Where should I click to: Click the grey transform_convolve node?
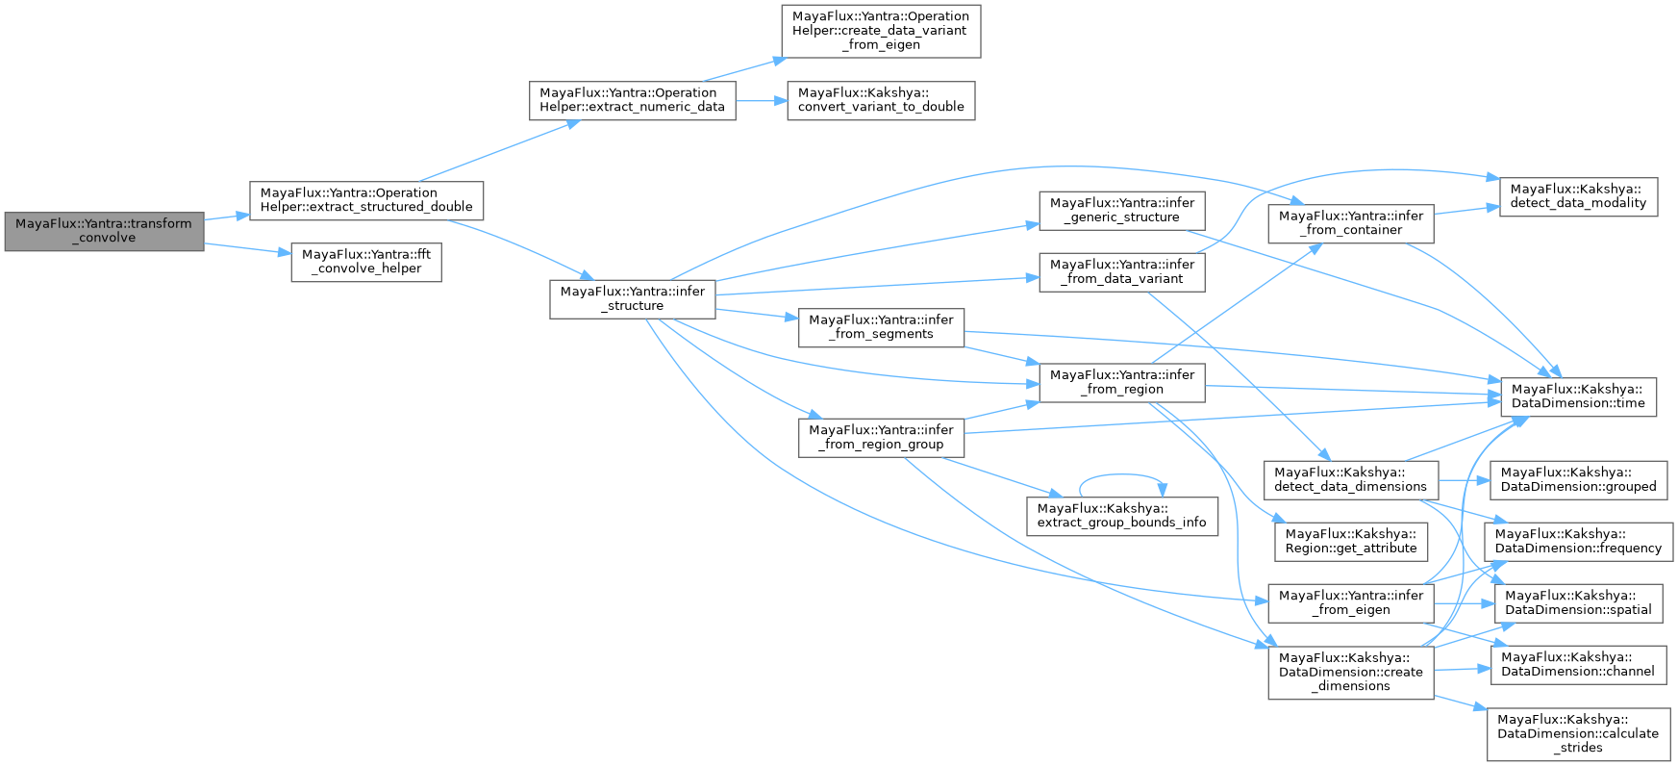point(104,231)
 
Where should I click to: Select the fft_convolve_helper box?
point(366,262)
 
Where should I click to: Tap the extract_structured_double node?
point(365,200)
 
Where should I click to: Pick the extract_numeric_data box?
point(632,100)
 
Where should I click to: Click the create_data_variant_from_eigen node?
point(881,31)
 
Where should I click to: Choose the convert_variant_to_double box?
point(881,100)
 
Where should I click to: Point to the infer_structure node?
point(633,298)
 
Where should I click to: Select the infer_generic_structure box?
point(1121,210)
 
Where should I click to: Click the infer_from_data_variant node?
point(1121,271)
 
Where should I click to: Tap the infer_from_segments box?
point(881,327)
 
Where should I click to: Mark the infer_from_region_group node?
point(881,437)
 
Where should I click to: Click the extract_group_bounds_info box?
point(1121,516)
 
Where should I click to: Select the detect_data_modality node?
point(1578,196)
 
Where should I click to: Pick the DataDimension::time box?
point(1578,396)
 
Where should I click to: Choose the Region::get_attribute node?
point(1350,542)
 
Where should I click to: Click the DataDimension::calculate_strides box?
point(1578,733)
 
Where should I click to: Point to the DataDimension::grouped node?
point(1578,479)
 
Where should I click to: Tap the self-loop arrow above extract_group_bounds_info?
point(1121,474)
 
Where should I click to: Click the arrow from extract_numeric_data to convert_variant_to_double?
point(762,100)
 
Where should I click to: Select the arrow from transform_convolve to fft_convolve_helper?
point(247,248)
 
